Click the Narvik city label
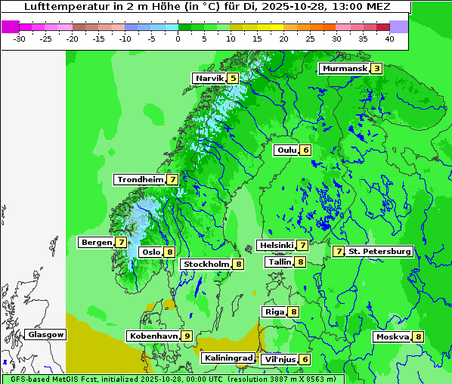click(209, 78)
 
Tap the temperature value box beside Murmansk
click(376, 69)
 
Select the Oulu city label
click(286, 150)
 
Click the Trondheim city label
click(140, 180)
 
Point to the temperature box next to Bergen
click(121, 243)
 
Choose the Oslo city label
click(151, 252)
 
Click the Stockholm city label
click(206, 264)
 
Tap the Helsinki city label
click(276, 245)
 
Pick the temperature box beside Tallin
click(300, 262)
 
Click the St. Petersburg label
click(379, 251)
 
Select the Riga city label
click(273, 311)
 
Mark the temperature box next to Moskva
click(418, 337)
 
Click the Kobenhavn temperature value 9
click(187, 336)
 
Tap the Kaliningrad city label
click(228, 358)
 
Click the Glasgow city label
click(46, 334)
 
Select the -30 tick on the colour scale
click(20, 38)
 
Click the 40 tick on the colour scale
click(389, 38)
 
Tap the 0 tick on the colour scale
click(178, 38)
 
